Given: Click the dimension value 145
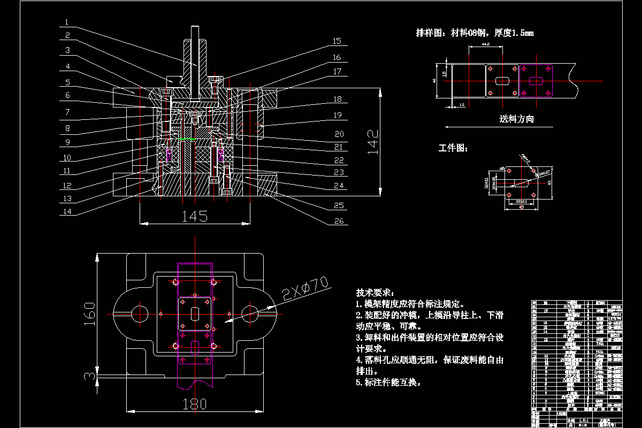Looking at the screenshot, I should click(195, 216).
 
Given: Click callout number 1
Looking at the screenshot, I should click(66, 22).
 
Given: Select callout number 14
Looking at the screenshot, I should click(66, 211).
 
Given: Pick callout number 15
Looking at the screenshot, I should click(337, 41).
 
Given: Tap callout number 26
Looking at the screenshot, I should click(337, 220).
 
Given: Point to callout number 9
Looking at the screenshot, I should click(66, 143).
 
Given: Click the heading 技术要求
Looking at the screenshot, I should click(374, 293).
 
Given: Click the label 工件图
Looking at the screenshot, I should click(453, 148).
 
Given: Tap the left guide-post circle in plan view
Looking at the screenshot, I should click(140, 314).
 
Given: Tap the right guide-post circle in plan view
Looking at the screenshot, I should click(250, 314).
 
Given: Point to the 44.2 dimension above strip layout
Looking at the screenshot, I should click(486, 44).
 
